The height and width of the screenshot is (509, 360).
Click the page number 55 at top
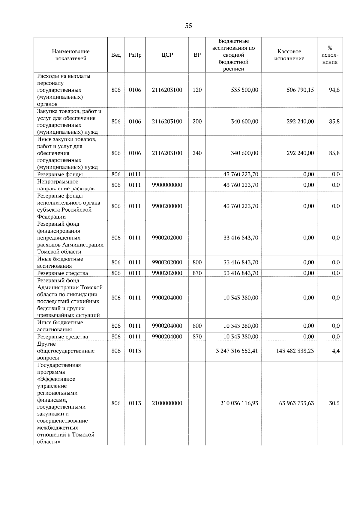click(x=188, y=26)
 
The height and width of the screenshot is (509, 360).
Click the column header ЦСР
click(x=167, y=55)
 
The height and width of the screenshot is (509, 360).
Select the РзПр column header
click(x=135, y=55)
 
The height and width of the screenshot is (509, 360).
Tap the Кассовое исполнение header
click(x=289, y=55)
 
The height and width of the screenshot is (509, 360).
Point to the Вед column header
click(x=116, y=55)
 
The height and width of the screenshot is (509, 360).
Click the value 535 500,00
click(x=244, y=90)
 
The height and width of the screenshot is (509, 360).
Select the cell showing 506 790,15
click(x=300, y=90)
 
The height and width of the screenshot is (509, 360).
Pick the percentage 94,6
click(x=334, y=90)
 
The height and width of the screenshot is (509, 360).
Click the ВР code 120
click(x=197, y=90)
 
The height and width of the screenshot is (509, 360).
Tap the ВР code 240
click(x=197, y=153)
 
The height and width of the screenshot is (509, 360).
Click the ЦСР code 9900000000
click(x=167, y=185)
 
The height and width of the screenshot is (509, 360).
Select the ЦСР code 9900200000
click(x=167, y=206)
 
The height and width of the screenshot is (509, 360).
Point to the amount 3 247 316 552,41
click(x=237, y=351)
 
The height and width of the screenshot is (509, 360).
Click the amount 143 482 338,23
click(x=295, y=351)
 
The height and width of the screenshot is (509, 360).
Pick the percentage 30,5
click(x=334, y=403)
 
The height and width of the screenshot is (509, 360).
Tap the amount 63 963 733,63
click(x=296, y=403)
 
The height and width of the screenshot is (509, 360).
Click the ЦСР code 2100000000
click(x=167, y=403)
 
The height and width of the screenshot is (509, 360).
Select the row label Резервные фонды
click(x=60, y=174)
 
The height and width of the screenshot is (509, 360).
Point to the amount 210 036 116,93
click(x=239, y=403)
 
